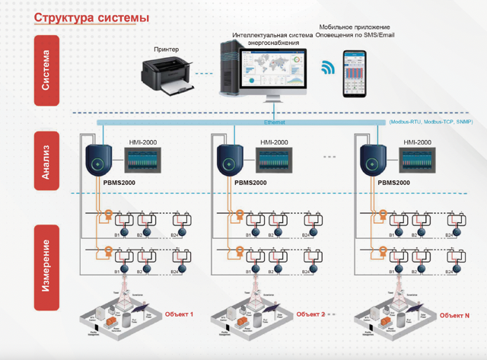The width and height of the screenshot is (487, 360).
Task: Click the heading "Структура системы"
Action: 91,18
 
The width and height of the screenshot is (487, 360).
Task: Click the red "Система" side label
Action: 47,70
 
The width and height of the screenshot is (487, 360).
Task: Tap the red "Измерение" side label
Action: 47,266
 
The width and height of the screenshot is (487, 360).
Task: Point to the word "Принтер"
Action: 167,49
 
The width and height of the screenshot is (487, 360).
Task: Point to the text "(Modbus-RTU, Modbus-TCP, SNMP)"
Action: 430,122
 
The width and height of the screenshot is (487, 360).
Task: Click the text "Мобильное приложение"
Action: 355,27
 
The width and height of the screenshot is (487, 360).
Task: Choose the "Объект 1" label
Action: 180,314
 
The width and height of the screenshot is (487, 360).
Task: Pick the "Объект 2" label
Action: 310,314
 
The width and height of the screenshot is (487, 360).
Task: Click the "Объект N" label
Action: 455,315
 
